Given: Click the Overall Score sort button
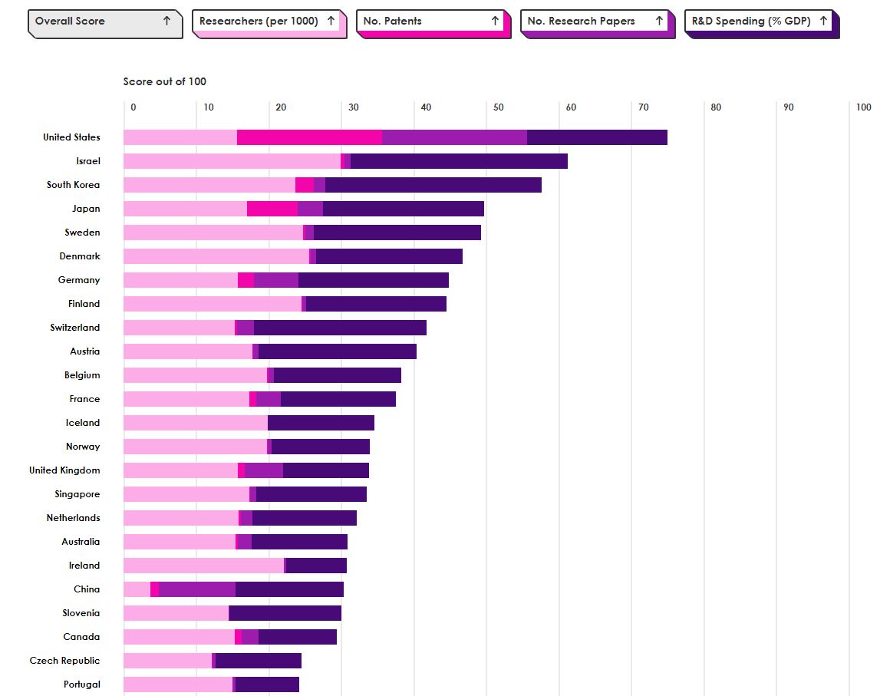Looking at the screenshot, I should (x=104, y=21).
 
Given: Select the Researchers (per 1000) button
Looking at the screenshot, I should (x=267, y=21).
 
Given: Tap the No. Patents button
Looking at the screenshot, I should (x=432, y=21).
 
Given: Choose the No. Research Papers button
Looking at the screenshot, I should (x=596, y=21).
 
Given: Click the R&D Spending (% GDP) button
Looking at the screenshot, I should (x=760, y=21).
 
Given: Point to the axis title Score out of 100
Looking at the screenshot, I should (x=165, y=81).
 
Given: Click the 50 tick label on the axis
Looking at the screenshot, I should (x=499, y=107).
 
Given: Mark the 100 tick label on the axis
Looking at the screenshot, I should (x=863, y=107).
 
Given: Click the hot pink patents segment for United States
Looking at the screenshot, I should (x=309, y=137).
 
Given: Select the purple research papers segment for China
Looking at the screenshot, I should (x=197, y=589).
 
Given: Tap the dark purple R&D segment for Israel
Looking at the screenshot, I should (x=459, y=161).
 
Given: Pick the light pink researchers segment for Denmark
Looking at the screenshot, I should (x=216, y=256).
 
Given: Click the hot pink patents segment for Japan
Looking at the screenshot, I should (x=272, y=209).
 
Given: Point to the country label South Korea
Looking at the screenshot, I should (x=73, y=185).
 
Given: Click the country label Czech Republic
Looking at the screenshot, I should (x=64, y=661).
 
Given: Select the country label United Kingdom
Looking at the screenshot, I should (x=64, y=470).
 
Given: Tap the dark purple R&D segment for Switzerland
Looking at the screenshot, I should (x=340, y=328).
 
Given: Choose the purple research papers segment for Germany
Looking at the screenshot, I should (x=276, y=280).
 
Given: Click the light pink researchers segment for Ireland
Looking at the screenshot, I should (x=203, y=566).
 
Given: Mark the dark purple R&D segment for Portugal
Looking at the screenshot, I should (x=267, y=684).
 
